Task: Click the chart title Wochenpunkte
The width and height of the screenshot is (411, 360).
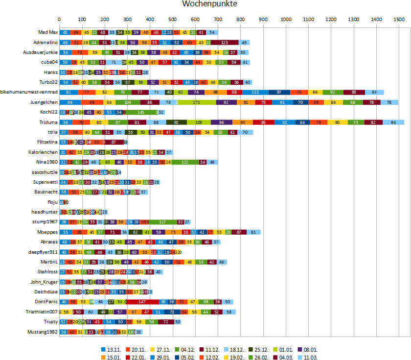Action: pos(209,4)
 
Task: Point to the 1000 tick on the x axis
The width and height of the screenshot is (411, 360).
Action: pos(285,20)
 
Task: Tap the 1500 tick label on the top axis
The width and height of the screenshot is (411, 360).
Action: pos(398,20)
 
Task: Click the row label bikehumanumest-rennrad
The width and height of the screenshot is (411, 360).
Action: pos(29,92)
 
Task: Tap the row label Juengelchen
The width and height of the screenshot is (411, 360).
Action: pos(44,102)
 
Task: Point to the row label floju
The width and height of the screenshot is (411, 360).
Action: pos(52,202)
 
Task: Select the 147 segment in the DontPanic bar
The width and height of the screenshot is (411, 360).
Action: pos(142,302)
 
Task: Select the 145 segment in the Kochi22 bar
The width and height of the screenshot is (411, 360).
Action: pos(140,112)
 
